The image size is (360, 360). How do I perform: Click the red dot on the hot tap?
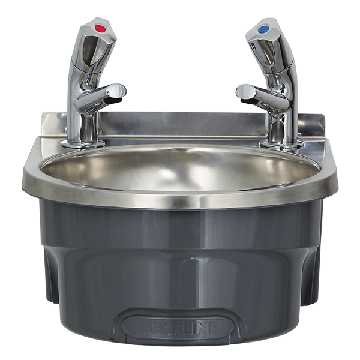point(100,29)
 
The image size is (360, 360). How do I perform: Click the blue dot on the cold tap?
point(263,29)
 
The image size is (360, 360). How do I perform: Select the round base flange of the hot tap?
point(82,144)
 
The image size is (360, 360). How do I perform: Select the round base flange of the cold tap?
point(282,145)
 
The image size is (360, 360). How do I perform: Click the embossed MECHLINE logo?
point(178,328)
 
